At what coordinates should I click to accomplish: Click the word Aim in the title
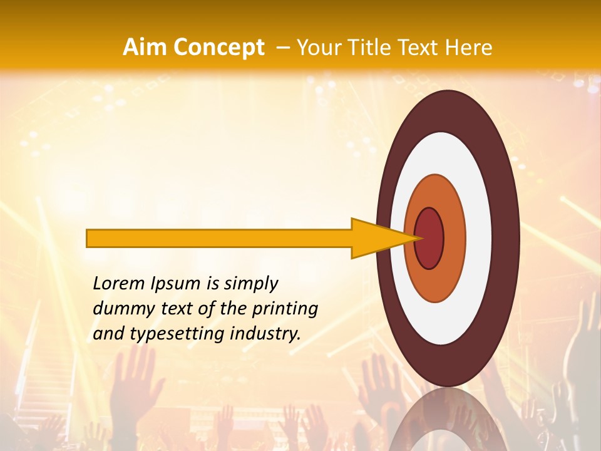coord(144,47)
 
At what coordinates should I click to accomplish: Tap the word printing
coord(285,309)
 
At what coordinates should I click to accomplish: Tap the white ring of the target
coord(479,238)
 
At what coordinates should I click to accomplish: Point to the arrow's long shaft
coord(219,238)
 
